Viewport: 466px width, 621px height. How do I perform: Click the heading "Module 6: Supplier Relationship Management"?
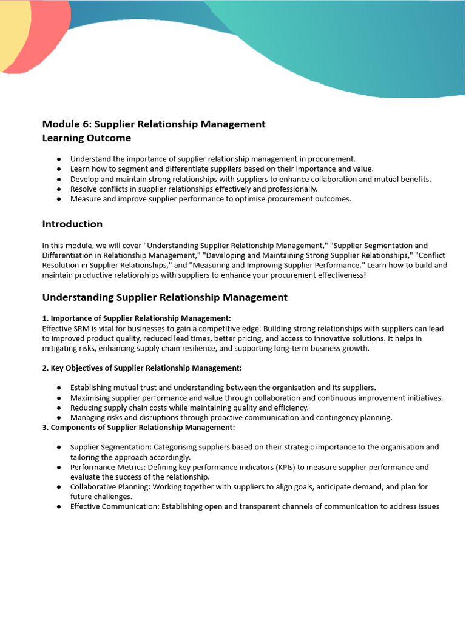click(154, 124)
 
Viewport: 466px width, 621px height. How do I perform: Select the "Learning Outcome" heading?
click(86, 138)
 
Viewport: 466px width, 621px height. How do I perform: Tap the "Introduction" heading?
click(72, 224)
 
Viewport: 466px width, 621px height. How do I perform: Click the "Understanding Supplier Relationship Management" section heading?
click(164, 297)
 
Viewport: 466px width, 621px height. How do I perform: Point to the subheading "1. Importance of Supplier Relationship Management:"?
click(137, 318)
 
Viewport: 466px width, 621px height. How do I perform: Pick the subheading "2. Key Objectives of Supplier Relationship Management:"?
click(142, 368)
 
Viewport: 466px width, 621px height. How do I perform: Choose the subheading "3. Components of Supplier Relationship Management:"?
click(138, 428)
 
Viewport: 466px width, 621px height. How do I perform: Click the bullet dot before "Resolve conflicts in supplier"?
click(59, 189)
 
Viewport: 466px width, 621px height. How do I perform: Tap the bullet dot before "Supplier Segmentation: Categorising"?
click(59, 448)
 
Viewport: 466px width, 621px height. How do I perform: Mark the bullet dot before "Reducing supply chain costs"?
click(59, 408)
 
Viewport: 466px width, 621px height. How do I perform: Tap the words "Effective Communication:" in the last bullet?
click(114, 507)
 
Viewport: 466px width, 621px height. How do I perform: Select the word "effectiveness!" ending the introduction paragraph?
click(339, 275)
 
